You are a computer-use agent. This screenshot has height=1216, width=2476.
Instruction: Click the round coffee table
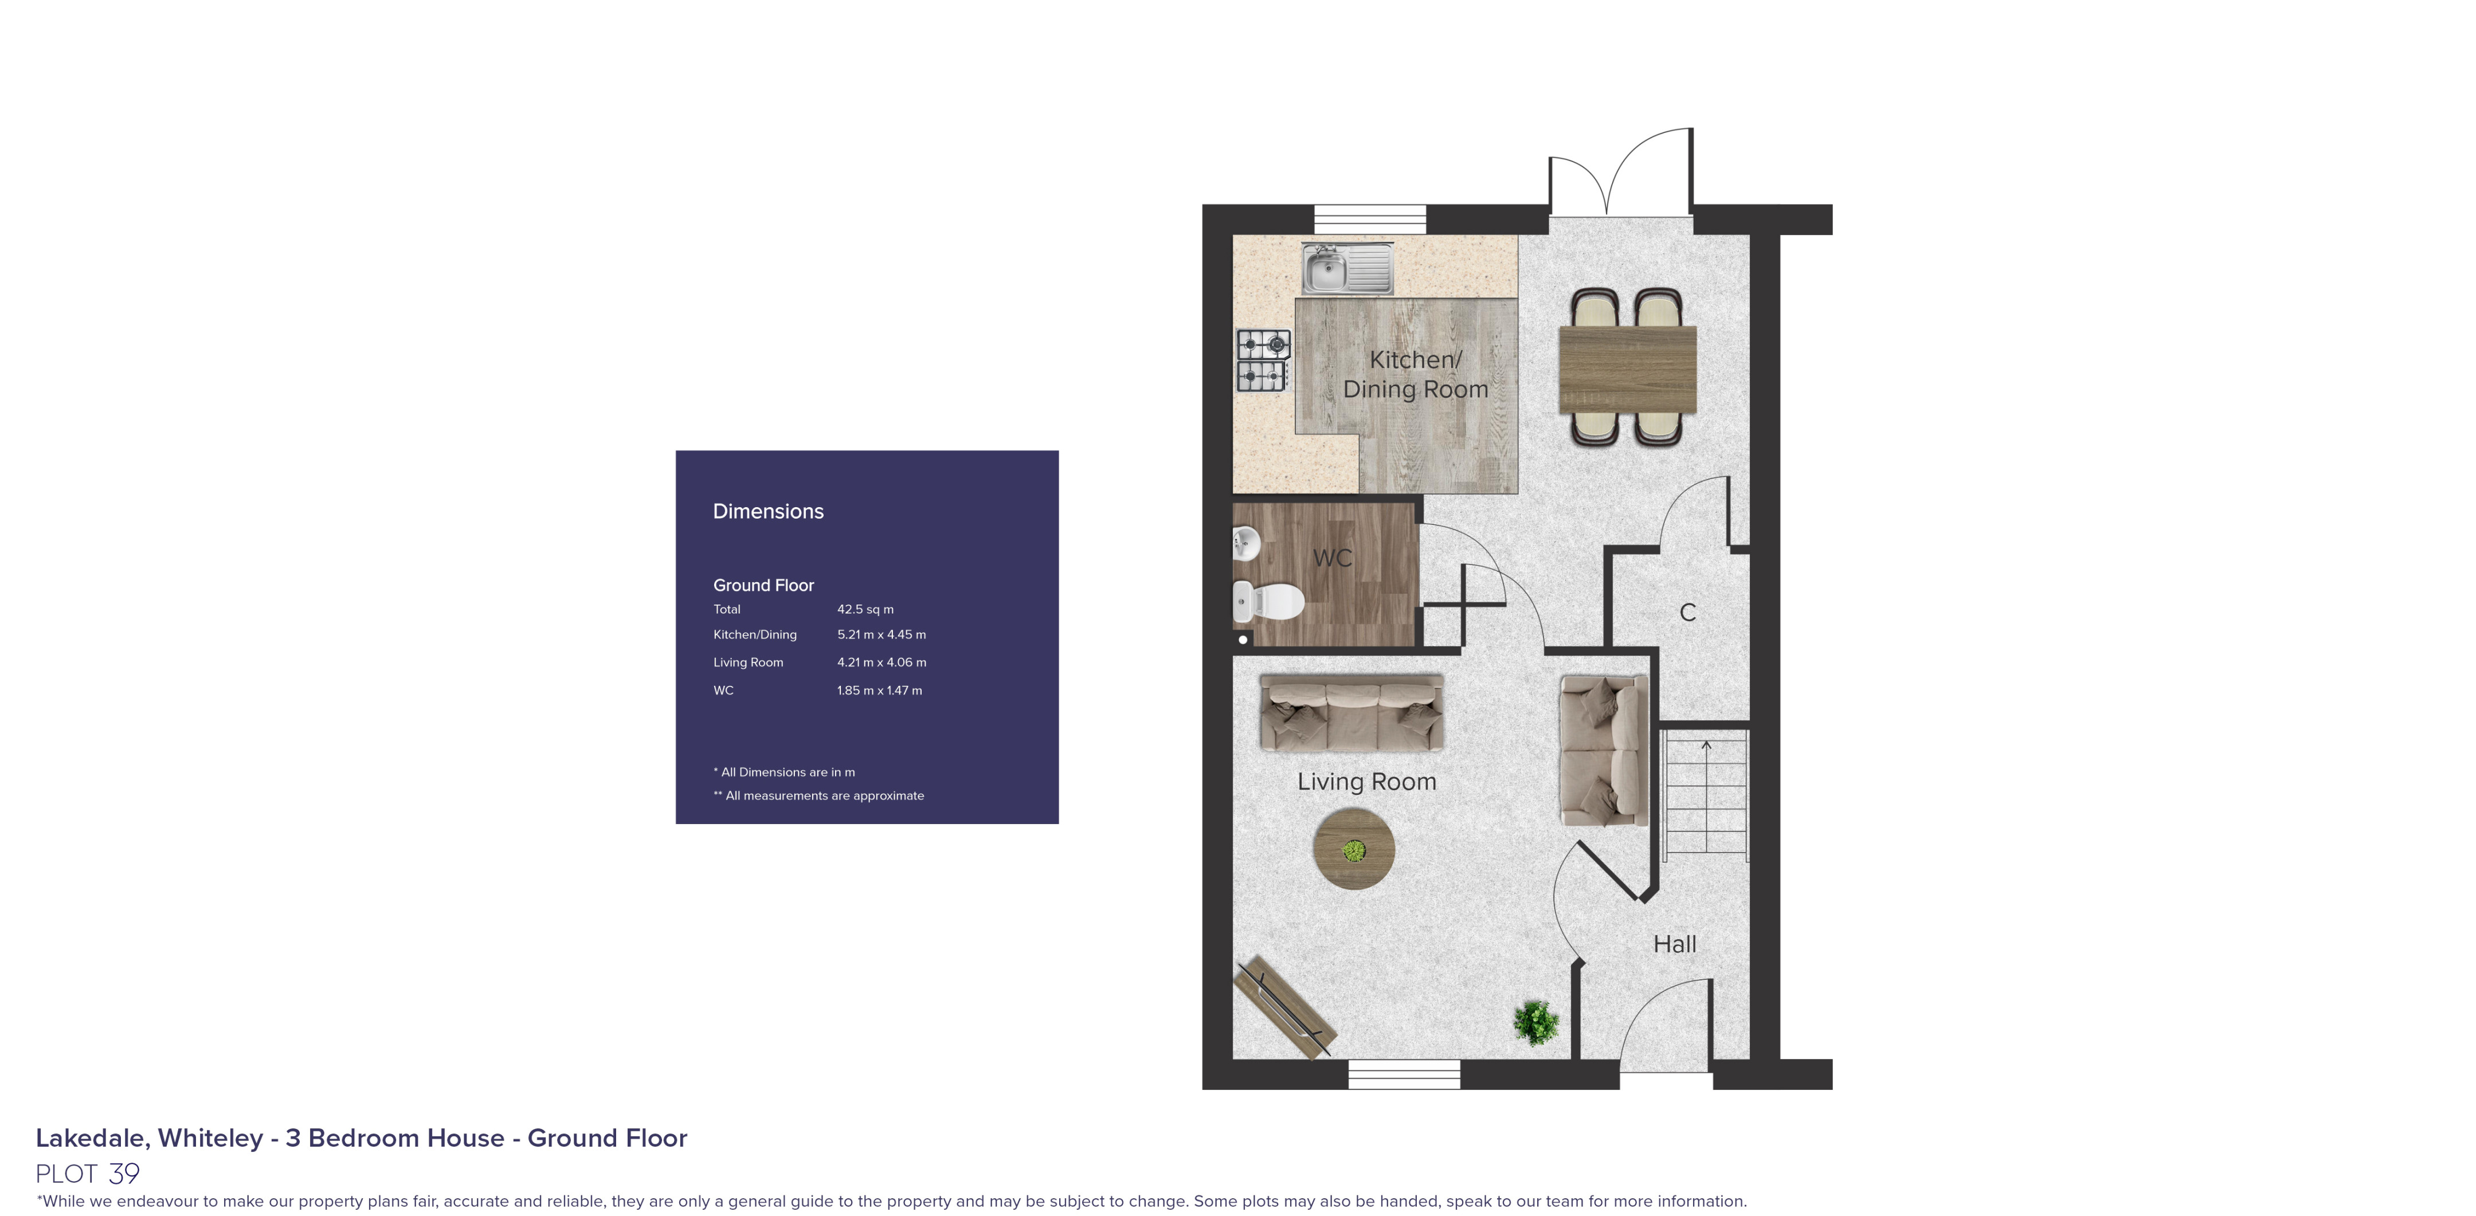(x=1353, y=849)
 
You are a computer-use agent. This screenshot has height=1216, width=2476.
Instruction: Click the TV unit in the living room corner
(x=1284, y=1007)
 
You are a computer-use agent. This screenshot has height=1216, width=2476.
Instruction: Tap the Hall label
(x=1674, y=944)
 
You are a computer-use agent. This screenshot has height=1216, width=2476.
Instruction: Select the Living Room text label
(x=1366, y=782)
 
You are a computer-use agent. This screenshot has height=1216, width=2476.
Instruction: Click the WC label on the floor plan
(x=1331, y=558)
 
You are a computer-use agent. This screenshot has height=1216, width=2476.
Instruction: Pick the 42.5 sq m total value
(x=865, y=610)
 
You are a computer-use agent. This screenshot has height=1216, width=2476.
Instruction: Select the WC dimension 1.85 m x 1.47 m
(x=879, y=690)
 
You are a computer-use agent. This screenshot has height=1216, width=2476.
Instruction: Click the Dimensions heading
(x=768, y=511)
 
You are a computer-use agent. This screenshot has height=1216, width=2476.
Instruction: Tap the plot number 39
(x=124, y=1174)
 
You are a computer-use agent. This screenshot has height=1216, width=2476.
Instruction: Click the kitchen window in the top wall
(x=1370, y=218)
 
